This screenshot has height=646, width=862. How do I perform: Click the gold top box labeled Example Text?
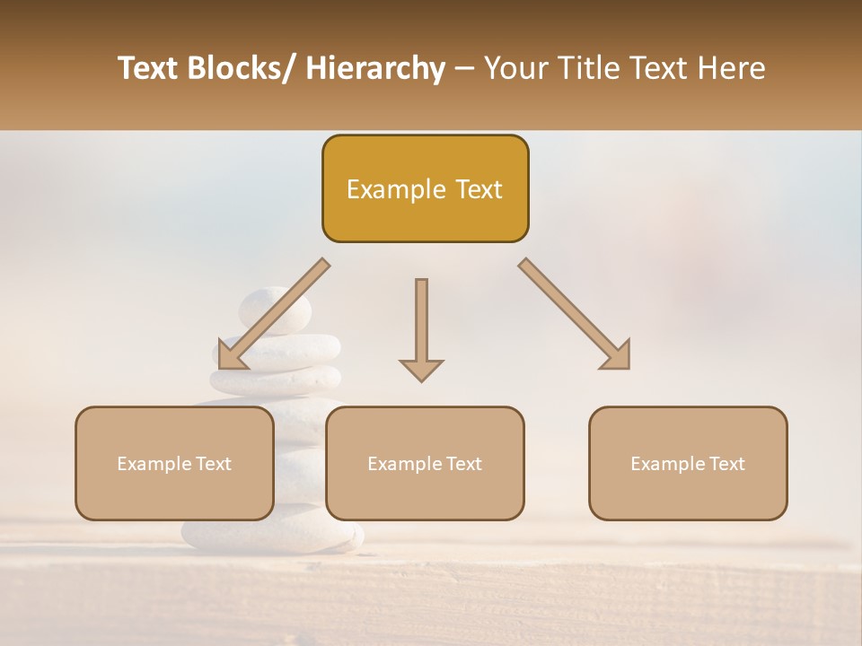[x=425, y=188]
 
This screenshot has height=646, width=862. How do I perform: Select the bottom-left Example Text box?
[x=174, y=463]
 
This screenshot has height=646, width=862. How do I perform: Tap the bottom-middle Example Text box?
[x=425, y=463]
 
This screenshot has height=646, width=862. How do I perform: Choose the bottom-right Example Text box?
[x=688, y=463]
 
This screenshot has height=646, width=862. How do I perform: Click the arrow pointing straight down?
[x=421, y=323]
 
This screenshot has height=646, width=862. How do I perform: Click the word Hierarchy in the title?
[x=375, y=68]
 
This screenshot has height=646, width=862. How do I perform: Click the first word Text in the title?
[x=149, y=68]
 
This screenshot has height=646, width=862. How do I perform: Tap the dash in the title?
[x=464, y=68]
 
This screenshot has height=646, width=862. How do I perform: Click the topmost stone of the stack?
[x=275, y=310]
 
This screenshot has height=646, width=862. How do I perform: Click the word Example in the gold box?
[x=391, y=189]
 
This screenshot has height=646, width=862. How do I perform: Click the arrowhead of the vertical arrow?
[x=421, y=370]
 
